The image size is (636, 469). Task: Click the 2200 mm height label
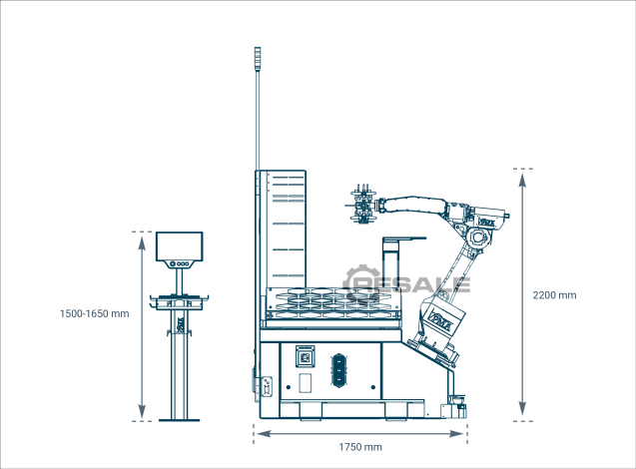(554, 295)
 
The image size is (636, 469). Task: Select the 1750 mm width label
(360, 447)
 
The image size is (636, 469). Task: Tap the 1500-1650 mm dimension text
(95, 313)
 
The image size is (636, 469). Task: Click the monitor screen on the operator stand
(180, 246)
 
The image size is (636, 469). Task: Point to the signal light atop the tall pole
(257, 59)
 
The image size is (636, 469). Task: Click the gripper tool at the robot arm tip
(363, 204)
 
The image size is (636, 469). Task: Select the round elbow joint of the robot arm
(478, 238)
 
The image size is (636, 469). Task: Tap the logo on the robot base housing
(443, 319)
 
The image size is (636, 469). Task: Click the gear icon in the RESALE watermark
(360, 283)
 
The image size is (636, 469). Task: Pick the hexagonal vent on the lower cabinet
(338, 370)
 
